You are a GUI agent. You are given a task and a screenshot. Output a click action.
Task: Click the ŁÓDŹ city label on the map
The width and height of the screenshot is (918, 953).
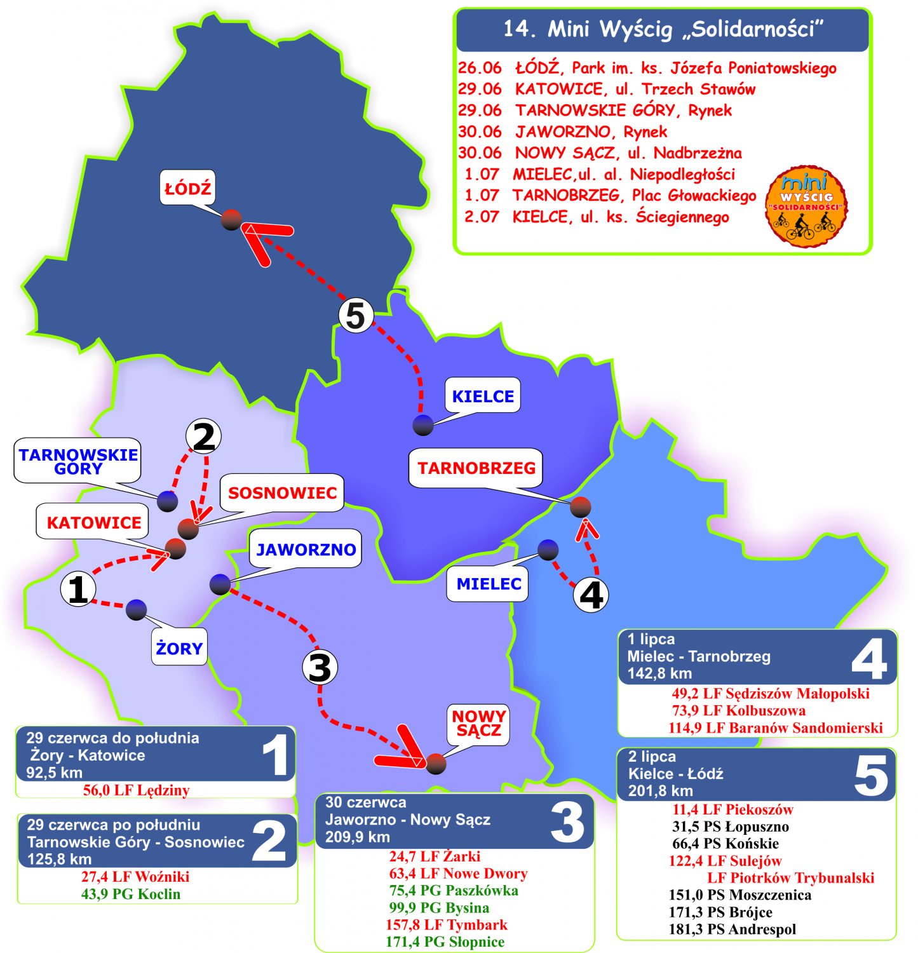187,188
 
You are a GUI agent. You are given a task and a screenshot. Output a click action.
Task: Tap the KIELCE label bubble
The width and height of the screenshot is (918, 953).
483,396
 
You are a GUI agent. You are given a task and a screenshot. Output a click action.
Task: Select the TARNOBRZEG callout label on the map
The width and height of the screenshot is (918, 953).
476,468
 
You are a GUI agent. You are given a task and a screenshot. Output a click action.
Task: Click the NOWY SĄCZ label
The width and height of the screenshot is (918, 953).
478,723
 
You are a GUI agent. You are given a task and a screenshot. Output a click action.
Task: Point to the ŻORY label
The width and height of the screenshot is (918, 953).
179,648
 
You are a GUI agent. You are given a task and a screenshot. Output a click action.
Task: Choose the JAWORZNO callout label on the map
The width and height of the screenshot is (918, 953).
306,550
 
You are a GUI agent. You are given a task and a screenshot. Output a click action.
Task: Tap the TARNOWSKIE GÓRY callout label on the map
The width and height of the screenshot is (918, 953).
78,461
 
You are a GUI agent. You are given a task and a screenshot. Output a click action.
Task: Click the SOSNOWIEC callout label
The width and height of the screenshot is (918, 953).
282,493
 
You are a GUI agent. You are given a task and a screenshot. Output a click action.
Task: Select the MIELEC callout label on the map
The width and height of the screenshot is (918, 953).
489,584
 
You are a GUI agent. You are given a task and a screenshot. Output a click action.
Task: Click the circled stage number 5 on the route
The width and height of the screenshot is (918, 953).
355,316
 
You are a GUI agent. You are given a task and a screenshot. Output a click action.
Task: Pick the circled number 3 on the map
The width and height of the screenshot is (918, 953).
319,667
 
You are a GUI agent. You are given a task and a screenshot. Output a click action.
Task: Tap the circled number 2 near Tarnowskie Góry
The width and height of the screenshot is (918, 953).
203,437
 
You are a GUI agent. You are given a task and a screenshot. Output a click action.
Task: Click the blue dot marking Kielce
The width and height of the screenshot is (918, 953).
423,424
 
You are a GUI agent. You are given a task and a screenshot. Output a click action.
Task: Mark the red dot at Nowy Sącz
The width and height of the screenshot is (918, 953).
436,764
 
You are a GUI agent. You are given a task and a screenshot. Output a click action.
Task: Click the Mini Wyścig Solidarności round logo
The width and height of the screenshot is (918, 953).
806,206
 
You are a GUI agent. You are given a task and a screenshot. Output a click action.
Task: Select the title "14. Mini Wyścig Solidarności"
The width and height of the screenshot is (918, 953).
663,29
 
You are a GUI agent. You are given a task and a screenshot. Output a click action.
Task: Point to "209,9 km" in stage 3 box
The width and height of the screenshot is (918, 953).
358,837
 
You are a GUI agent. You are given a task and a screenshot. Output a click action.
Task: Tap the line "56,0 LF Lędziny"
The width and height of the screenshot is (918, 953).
136,790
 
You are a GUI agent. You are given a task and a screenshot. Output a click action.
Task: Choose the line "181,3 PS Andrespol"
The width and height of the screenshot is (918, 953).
732,929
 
